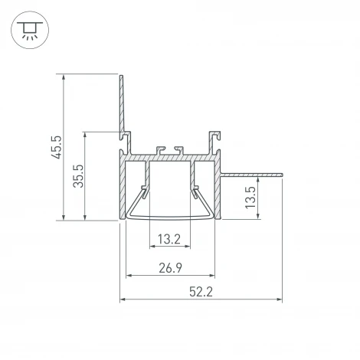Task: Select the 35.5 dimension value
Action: pyautogui.click(x=79, y=175)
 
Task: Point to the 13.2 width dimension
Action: pyautogui.click(x=169, y=240)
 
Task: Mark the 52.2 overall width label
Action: pyautogui.click(x=201, y=291)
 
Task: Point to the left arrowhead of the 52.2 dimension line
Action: pyautogui.click(x=123, y=299)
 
